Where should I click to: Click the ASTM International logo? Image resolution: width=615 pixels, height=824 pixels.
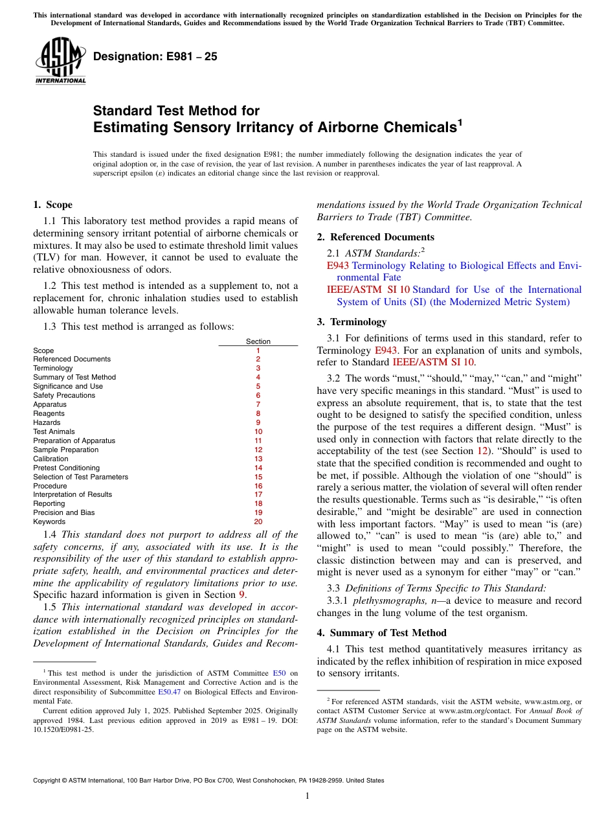(x=60, y=62)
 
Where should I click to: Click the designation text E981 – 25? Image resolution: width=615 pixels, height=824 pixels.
(x=155, y=57)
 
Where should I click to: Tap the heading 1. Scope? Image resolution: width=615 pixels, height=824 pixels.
(x=52, y=205)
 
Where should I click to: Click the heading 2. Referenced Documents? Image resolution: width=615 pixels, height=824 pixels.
(x=375, y=237)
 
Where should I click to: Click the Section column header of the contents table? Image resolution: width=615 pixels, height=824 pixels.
(x=258, y=341)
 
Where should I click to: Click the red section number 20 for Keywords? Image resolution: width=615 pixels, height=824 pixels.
(x=258, y=521)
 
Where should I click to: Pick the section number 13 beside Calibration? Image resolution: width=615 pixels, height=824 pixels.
(x=258, y=459)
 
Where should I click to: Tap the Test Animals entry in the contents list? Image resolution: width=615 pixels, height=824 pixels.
(x=54, y=431)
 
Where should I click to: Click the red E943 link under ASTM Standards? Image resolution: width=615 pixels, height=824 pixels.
(x=338, y=266)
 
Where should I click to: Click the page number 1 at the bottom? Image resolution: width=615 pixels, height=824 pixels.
(x=307, y=795)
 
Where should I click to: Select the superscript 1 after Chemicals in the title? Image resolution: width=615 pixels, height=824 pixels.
(x=460, y=122)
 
